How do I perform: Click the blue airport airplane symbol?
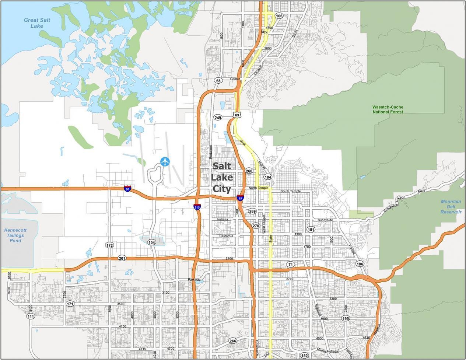pyautogui.click(x=165, y=161)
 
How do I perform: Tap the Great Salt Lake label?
pyautogui.click(x=37, y=23)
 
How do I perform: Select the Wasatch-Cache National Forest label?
pyautogui.click(x=388, y=109)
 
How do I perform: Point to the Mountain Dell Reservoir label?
pyautogui.click(x=451, y=207)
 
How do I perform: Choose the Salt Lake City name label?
pyautogui.click(x=222, y=178)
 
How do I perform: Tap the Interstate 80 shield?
pyautogui.click(x=127, y=189)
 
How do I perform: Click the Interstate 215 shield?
pyautogui.click(x=197, y=207)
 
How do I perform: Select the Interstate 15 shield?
pyautogui.click(x=240, y=198)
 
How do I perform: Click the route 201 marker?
pyautogui.click(x=122, y=258)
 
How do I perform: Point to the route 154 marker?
pyautogui.click(x=151, y=242)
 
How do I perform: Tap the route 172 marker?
pyautogui.click(x=109, y=245)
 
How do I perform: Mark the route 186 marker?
pyautogui.click(x=360, y=264)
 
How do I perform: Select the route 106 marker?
pyautogui.click(x=279, y=16)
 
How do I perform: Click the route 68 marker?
pyautogui.click(x=219, y=80)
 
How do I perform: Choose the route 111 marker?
pyautogui.click(x=31, y=317)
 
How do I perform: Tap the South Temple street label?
pyautogui.click(x=290, y=191)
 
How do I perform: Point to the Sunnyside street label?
pyautogui.click(x=325, y=220)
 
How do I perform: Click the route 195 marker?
pyautogui.click(x=345, y=318)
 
